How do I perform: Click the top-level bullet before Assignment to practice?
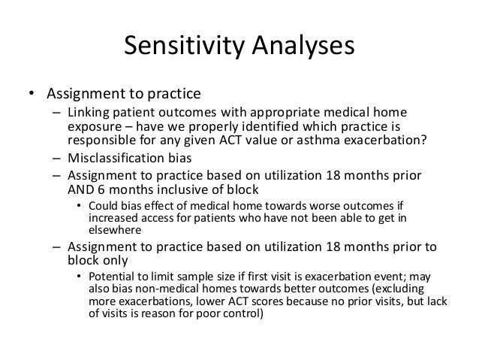32,95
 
